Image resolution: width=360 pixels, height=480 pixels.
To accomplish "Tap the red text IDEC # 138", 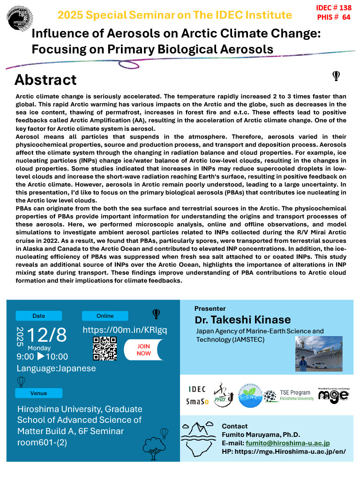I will pos(334,8).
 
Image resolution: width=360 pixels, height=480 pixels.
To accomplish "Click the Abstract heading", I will pos(45,80).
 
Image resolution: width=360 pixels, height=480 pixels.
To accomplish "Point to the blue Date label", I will pos(38,315).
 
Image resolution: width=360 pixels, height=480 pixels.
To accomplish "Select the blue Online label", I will pos(105,315).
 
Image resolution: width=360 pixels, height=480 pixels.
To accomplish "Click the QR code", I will pos(105,348).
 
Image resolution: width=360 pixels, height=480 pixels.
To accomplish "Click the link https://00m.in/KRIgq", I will pos(125,330).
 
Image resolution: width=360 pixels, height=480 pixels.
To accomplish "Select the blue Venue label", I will pos(38,393).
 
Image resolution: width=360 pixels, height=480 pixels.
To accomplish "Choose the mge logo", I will pos(333,395).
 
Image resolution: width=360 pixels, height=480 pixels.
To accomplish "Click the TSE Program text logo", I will pos(296,395).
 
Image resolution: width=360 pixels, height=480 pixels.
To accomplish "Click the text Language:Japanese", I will pos(56,368).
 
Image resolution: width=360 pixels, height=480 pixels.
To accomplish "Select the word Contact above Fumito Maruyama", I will pos(234,426).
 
